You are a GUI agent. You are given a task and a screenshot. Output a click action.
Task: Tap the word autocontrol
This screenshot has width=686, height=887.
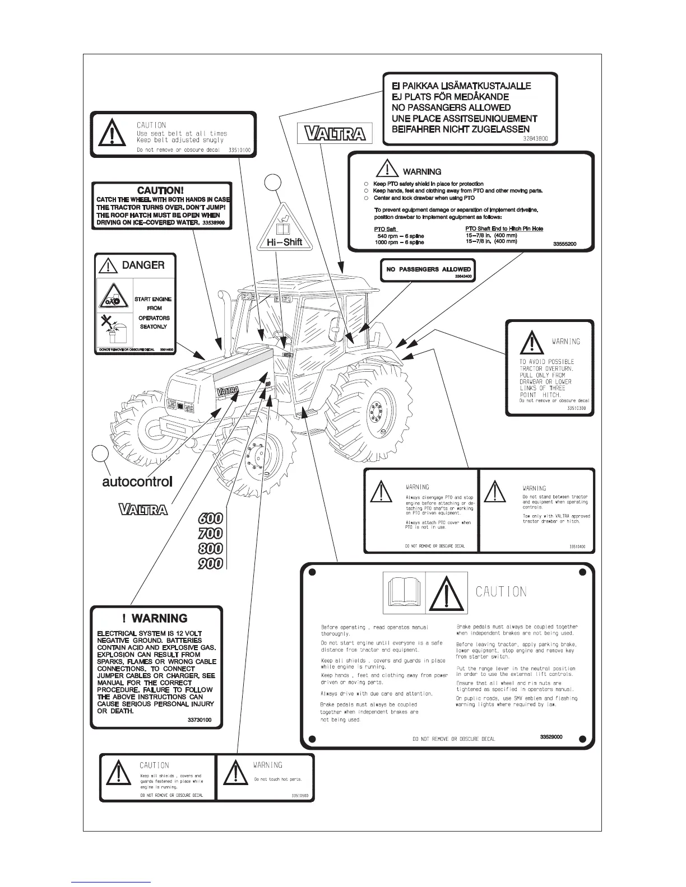137,481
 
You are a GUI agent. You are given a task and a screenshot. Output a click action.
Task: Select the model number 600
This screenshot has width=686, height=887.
211,519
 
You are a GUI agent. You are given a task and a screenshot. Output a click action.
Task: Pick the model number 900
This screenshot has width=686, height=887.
211,563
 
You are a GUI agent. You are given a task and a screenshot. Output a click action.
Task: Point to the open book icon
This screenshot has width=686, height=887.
404,592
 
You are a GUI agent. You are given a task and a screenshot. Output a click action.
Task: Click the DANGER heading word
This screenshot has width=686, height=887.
143,265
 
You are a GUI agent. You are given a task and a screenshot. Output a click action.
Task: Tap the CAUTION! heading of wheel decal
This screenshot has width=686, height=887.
160,191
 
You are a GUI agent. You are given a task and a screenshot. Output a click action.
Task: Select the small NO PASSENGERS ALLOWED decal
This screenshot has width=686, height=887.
428,269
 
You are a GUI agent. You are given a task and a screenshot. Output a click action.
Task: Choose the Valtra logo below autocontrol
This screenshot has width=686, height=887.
143,509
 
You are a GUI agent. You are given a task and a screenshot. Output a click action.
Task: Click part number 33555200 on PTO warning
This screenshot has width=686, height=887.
564,244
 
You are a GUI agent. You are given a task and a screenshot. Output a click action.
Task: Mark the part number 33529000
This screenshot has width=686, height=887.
551,737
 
